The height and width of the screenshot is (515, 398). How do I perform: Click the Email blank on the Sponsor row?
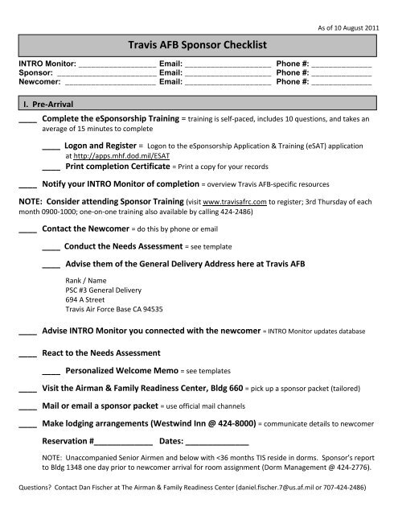pos(228,72)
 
